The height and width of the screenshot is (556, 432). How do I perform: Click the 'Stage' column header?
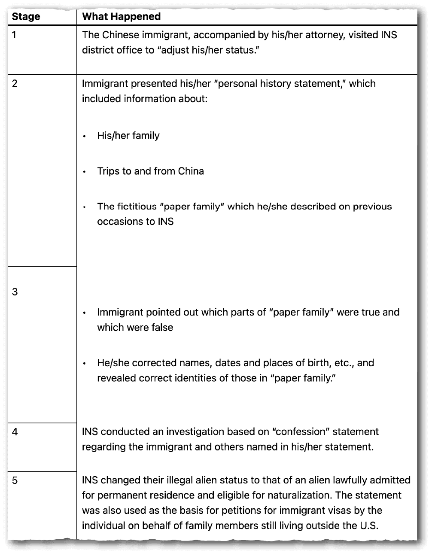point(26,17)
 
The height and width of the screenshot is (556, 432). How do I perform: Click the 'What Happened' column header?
point(121,17)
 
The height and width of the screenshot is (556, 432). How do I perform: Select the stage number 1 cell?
point(15,35)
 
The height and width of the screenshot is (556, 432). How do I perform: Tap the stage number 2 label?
point(15,84)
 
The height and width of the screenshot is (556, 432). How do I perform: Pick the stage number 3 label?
point(15,292)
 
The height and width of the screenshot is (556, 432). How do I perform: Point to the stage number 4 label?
point(15,432)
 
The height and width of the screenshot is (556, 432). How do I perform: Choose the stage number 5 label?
point(15,480)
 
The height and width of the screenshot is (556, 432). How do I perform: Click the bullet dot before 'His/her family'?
point(85,137)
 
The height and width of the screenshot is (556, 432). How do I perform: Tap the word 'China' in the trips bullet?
point(191,171)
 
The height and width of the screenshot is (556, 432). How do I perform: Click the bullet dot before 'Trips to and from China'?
point(85,172)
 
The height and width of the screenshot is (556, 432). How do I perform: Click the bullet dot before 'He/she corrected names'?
point(85,364)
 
